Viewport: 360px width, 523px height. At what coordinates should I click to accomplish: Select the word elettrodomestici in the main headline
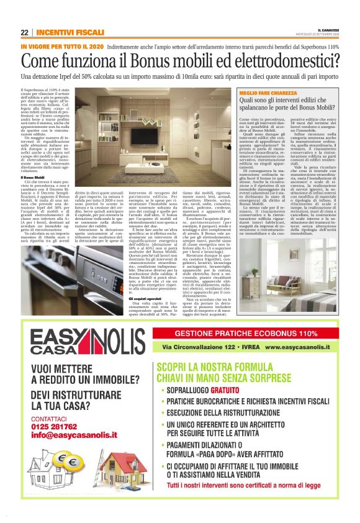(x=273, y=61)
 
